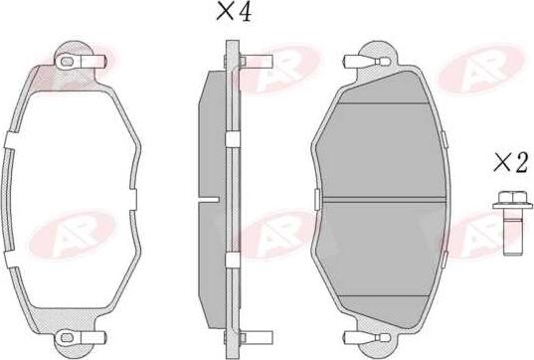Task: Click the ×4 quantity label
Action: pos(236,15)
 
